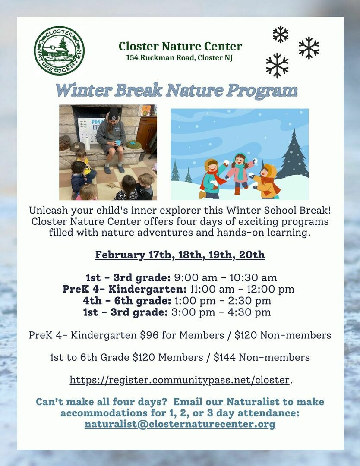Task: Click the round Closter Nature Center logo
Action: pyautogui.click(x=59, y=50)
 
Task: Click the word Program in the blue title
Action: pyautogui.click(x=262, y=91)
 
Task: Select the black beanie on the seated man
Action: pyautogui.click(x=113, y=114)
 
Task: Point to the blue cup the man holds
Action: pyautogui.click(x=118, y=143)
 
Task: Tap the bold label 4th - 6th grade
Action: pyautogui.click(x=127, y=301)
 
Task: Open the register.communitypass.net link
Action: pyautogui.click(x=180, y=380)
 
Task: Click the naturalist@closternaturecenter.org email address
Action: pyautogui.click(x=180, y=424)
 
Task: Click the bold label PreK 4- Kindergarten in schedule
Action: pyautogui.click(x=125, y=289)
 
